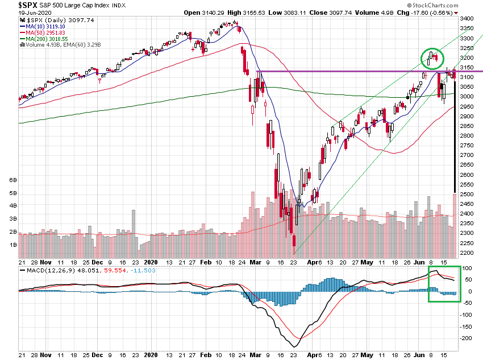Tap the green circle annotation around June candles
(432, 58)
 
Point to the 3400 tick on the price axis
(468, 19)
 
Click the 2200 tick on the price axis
(468, 253)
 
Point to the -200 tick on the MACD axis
(468, 338)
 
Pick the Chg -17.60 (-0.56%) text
(432, 13)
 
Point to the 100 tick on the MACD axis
(468, 268)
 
